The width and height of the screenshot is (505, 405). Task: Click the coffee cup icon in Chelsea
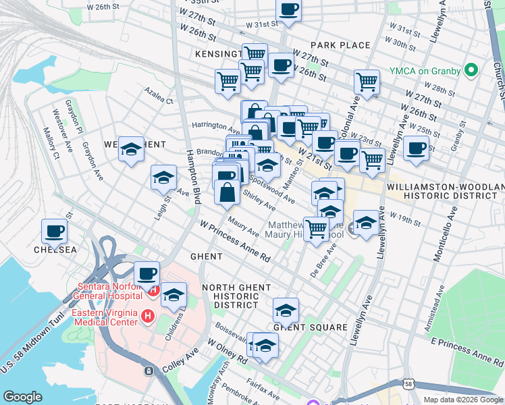pos(54,231)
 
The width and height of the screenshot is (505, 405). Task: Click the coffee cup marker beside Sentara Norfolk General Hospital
pos(147,274)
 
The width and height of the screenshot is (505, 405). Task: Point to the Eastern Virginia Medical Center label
pos(101,317)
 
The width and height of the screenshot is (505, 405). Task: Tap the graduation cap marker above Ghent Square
pos(286,310)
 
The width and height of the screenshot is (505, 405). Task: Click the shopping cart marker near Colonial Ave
pos(366,82)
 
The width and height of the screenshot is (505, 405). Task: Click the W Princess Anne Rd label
pos(234,240)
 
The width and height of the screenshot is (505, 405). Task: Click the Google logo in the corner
pos(22,397)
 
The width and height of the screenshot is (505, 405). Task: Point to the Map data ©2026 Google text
pos(462,399)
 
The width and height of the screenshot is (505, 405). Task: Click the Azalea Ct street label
pos(159,95)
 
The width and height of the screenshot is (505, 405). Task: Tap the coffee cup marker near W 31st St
pos(288,10)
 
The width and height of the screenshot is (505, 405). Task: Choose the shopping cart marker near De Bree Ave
pos(315,229)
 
